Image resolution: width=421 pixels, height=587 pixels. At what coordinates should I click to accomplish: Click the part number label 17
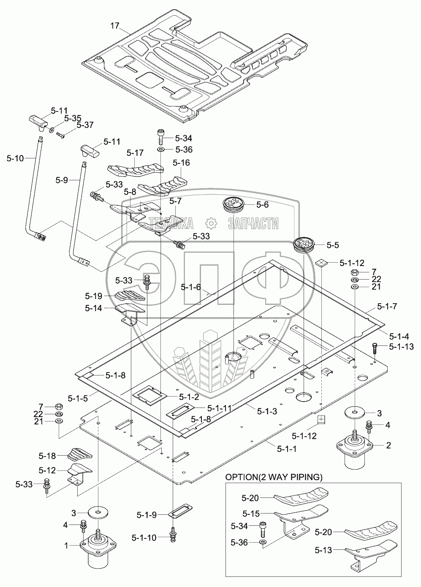point(115,26)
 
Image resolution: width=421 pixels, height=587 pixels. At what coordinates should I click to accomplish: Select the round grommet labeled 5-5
point(303,245)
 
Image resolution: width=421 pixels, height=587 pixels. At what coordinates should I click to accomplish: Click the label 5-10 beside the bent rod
point(15,158)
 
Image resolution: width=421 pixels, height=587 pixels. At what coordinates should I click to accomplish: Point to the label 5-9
point(62,180)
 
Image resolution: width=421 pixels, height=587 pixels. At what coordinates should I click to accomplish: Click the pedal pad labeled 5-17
point(136,170)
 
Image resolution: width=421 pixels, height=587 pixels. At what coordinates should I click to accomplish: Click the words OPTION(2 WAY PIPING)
point(274,477)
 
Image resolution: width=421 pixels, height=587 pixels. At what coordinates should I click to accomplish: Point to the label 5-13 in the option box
point(323,550)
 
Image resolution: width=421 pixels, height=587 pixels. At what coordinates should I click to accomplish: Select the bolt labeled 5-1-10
point(173,536)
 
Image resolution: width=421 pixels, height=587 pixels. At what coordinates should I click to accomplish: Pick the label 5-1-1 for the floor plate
point(287,449)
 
